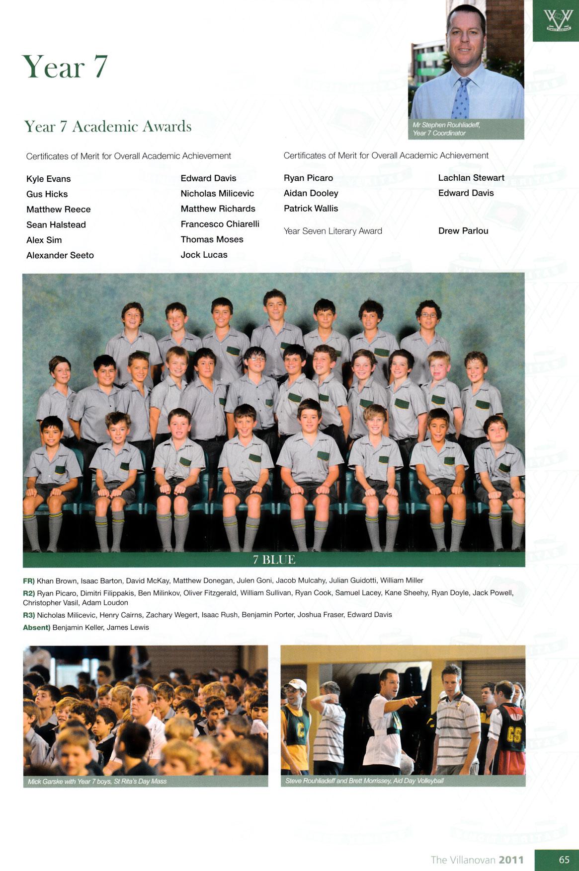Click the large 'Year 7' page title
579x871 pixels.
coord(65,67)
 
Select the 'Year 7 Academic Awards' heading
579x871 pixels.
coord(108,127)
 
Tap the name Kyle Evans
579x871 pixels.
coord(49,179)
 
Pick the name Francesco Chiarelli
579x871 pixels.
coord(220,224)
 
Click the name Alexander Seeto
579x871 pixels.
coord(60,255)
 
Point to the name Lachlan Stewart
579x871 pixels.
coord(471,178)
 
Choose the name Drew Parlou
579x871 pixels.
coord(463,231)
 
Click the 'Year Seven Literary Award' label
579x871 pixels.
coord(332,231)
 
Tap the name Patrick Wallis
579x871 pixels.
coord(311,209)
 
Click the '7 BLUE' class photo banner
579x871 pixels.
coord(274,560)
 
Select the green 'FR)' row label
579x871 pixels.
coord(29,581)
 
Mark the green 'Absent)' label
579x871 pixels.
coord(37,627)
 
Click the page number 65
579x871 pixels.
coord(564,860)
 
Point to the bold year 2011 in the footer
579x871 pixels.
coord(511,860)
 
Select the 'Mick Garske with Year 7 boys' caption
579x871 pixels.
coord(97,781)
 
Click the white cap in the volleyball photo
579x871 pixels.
coord(297,685)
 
